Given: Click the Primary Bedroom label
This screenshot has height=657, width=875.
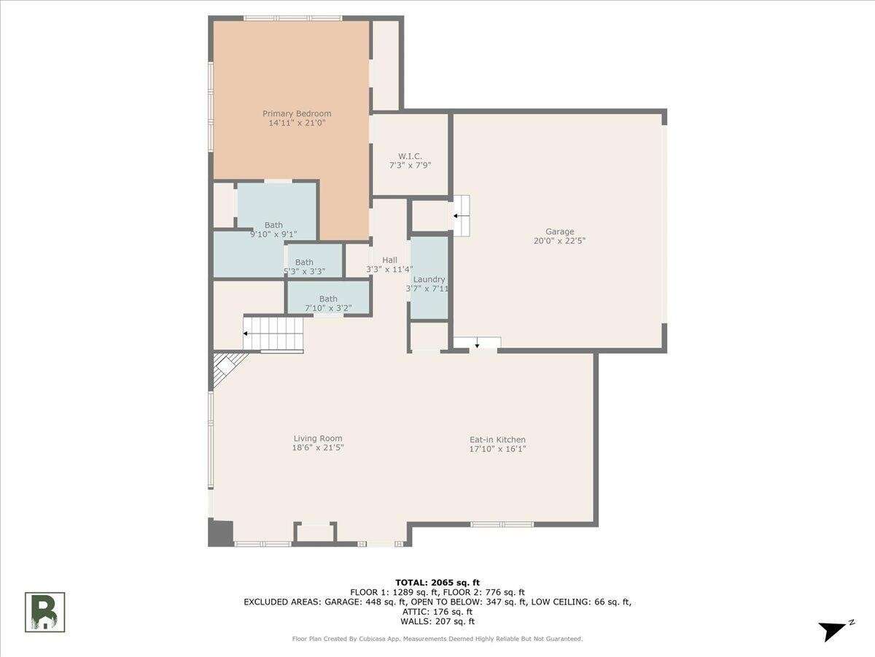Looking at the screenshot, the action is pos(297,114).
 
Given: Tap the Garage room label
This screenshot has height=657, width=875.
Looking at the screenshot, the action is pos(560,231).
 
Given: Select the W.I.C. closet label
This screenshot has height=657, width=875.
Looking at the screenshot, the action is pos(410,156).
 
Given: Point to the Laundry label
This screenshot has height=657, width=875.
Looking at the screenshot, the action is pos(429,280).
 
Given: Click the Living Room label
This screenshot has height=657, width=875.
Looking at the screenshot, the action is pos(318,438).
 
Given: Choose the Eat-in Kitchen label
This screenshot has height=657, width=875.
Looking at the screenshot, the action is pos(497,439).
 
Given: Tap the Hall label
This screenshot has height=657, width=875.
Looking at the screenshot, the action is pos(389,260).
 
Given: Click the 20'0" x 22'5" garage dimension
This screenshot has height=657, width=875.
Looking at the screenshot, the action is pos(560,241).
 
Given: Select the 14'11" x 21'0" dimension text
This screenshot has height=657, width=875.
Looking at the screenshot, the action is pos(297,123).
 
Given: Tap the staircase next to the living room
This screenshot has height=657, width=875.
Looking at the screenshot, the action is pos(273,334).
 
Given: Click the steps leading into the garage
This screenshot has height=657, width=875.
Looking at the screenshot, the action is pos(462,215).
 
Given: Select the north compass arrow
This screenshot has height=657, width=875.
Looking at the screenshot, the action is pos(834,629).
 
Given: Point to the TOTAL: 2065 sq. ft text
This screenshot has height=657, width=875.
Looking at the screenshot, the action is pos(437,583).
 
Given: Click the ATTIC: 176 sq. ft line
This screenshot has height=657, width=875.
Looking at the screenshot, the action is pos(437,612).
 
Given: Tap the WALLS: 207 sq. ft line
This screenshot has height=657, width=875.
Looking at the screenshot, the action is pos(437,621).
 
